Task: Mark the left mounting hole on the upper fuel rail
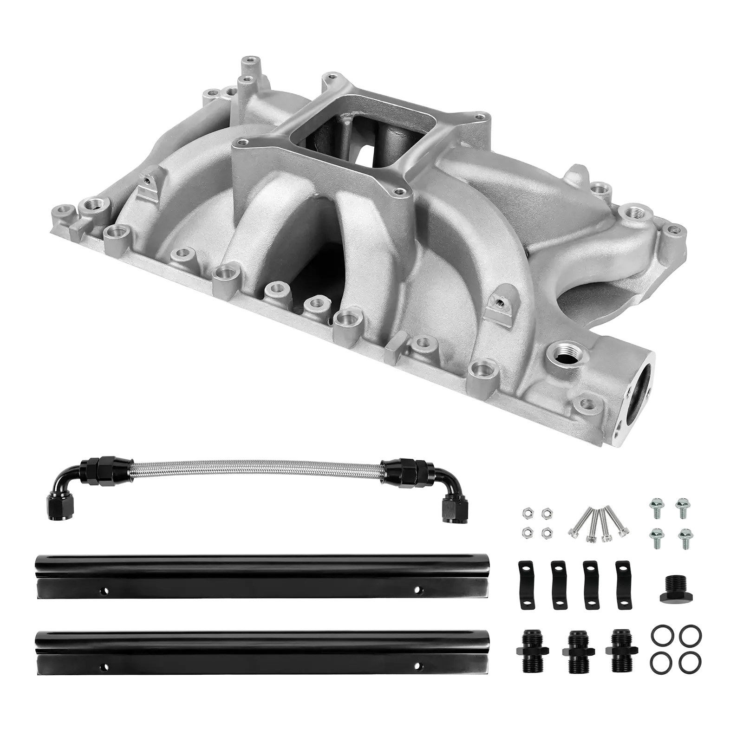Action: (103, 591)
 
